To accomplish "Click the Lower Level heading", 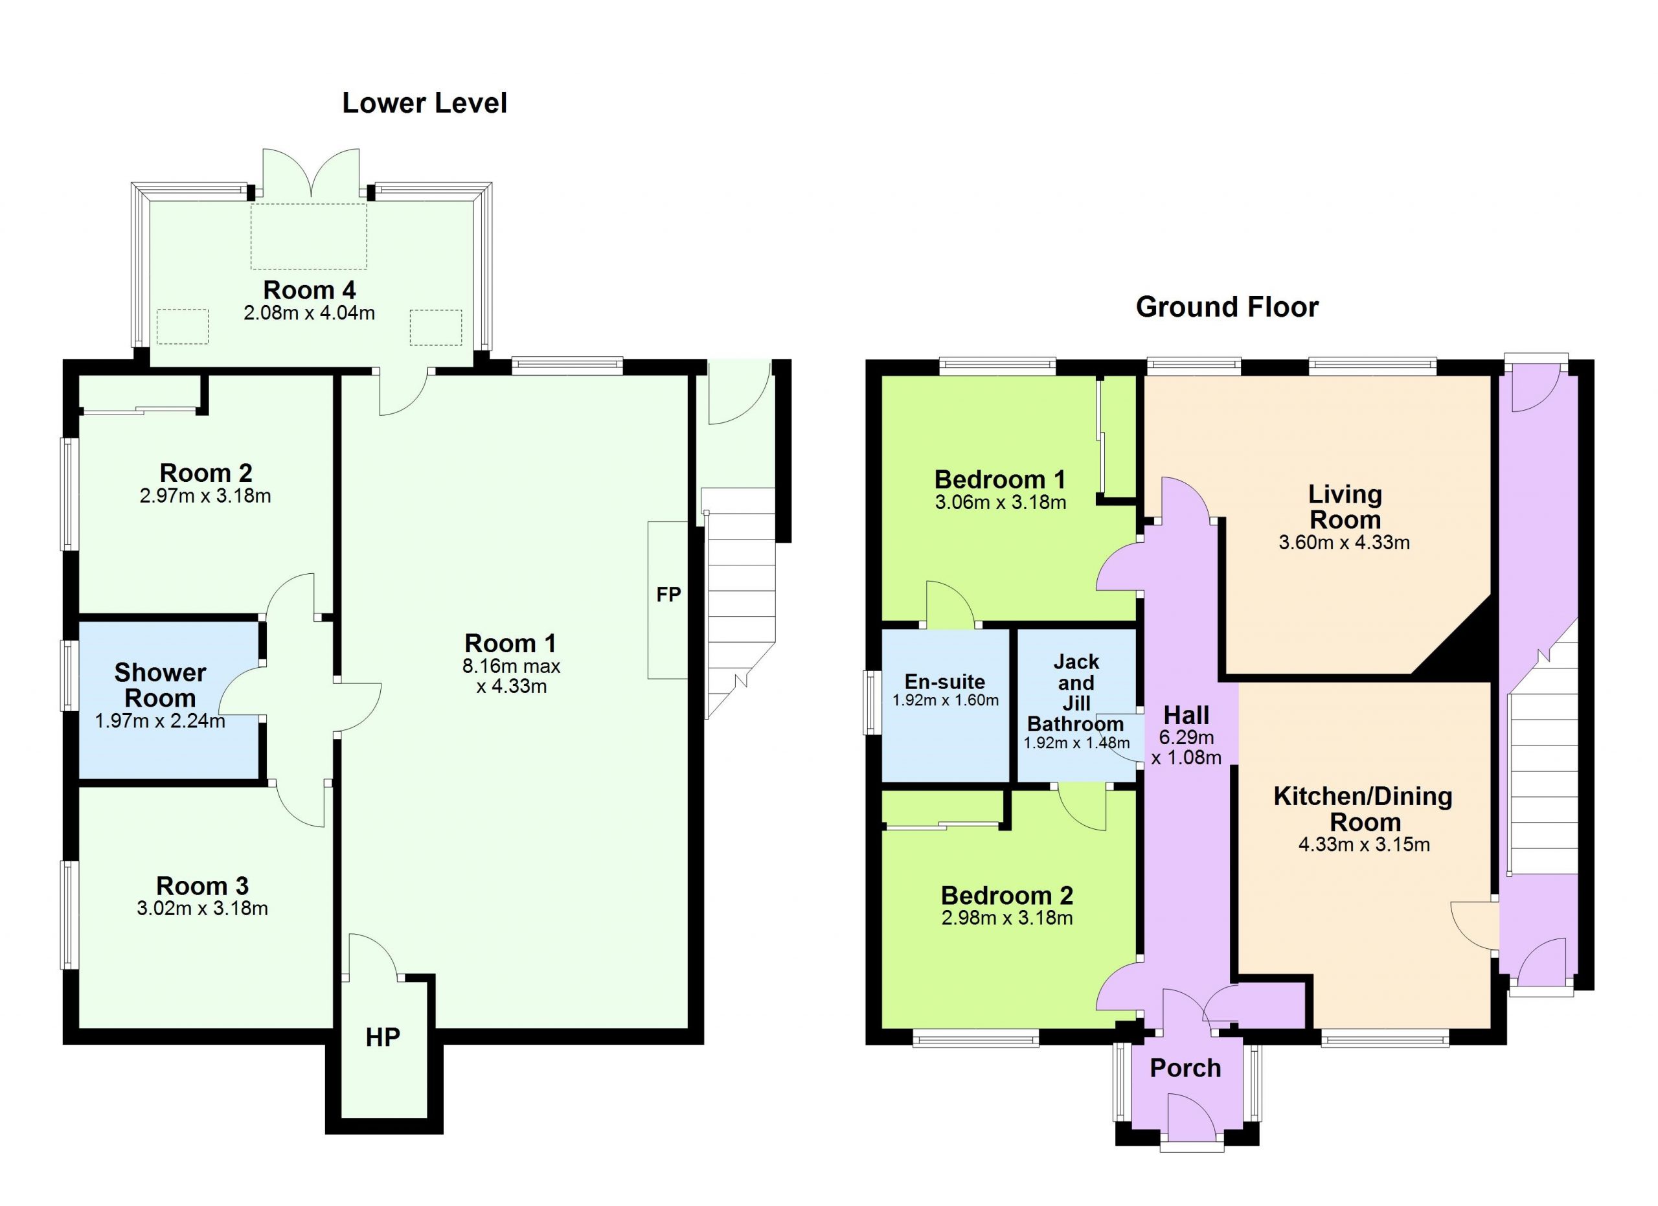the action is pyautogui.click(x=424, y=103).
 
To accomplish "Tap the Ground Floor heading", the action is pyautogui.click(x=1227, y=307).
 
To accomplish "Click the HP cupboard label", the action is pyautogui.click(x=383, y=1037).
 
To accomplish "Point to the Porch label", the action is pyautogui.click(x=1185, y=1069).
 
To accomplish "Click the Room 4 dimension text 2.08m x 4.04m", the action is pyautogui.click(x=309, y=313).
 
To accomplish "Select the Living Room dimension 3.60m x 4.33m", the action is pyautogui.click(x=1344, y=543).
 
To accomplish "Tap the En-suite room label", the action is pyautogui.click(x=944, y=682).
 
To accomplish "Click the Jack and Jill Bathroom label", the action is pyautogui.click(x=1075, y=693).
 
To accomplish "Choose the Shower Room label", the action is pyautogui.click(x=160, y=685).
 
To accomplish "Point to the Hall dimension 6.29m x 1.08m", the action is pyautogui.click(x=1186, y=747).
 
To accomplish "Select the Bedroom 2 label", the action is pyautogui.click(x=1006, y=895).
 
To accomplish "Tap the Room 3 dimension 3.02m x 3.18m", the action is pyautogui.click(x=203, y=909).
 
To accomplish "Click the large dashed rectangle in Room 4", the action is pyautogui.click(x=308, y=236).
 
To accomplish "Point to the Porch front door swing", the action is pyautogui.click(x=1192, y=1116).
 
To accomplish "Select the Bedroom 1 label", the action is pyautogui.click(x=999, y=479).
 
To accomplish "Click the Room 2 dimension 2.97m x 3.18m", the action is pyautogui.click(x=205, y=496).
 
